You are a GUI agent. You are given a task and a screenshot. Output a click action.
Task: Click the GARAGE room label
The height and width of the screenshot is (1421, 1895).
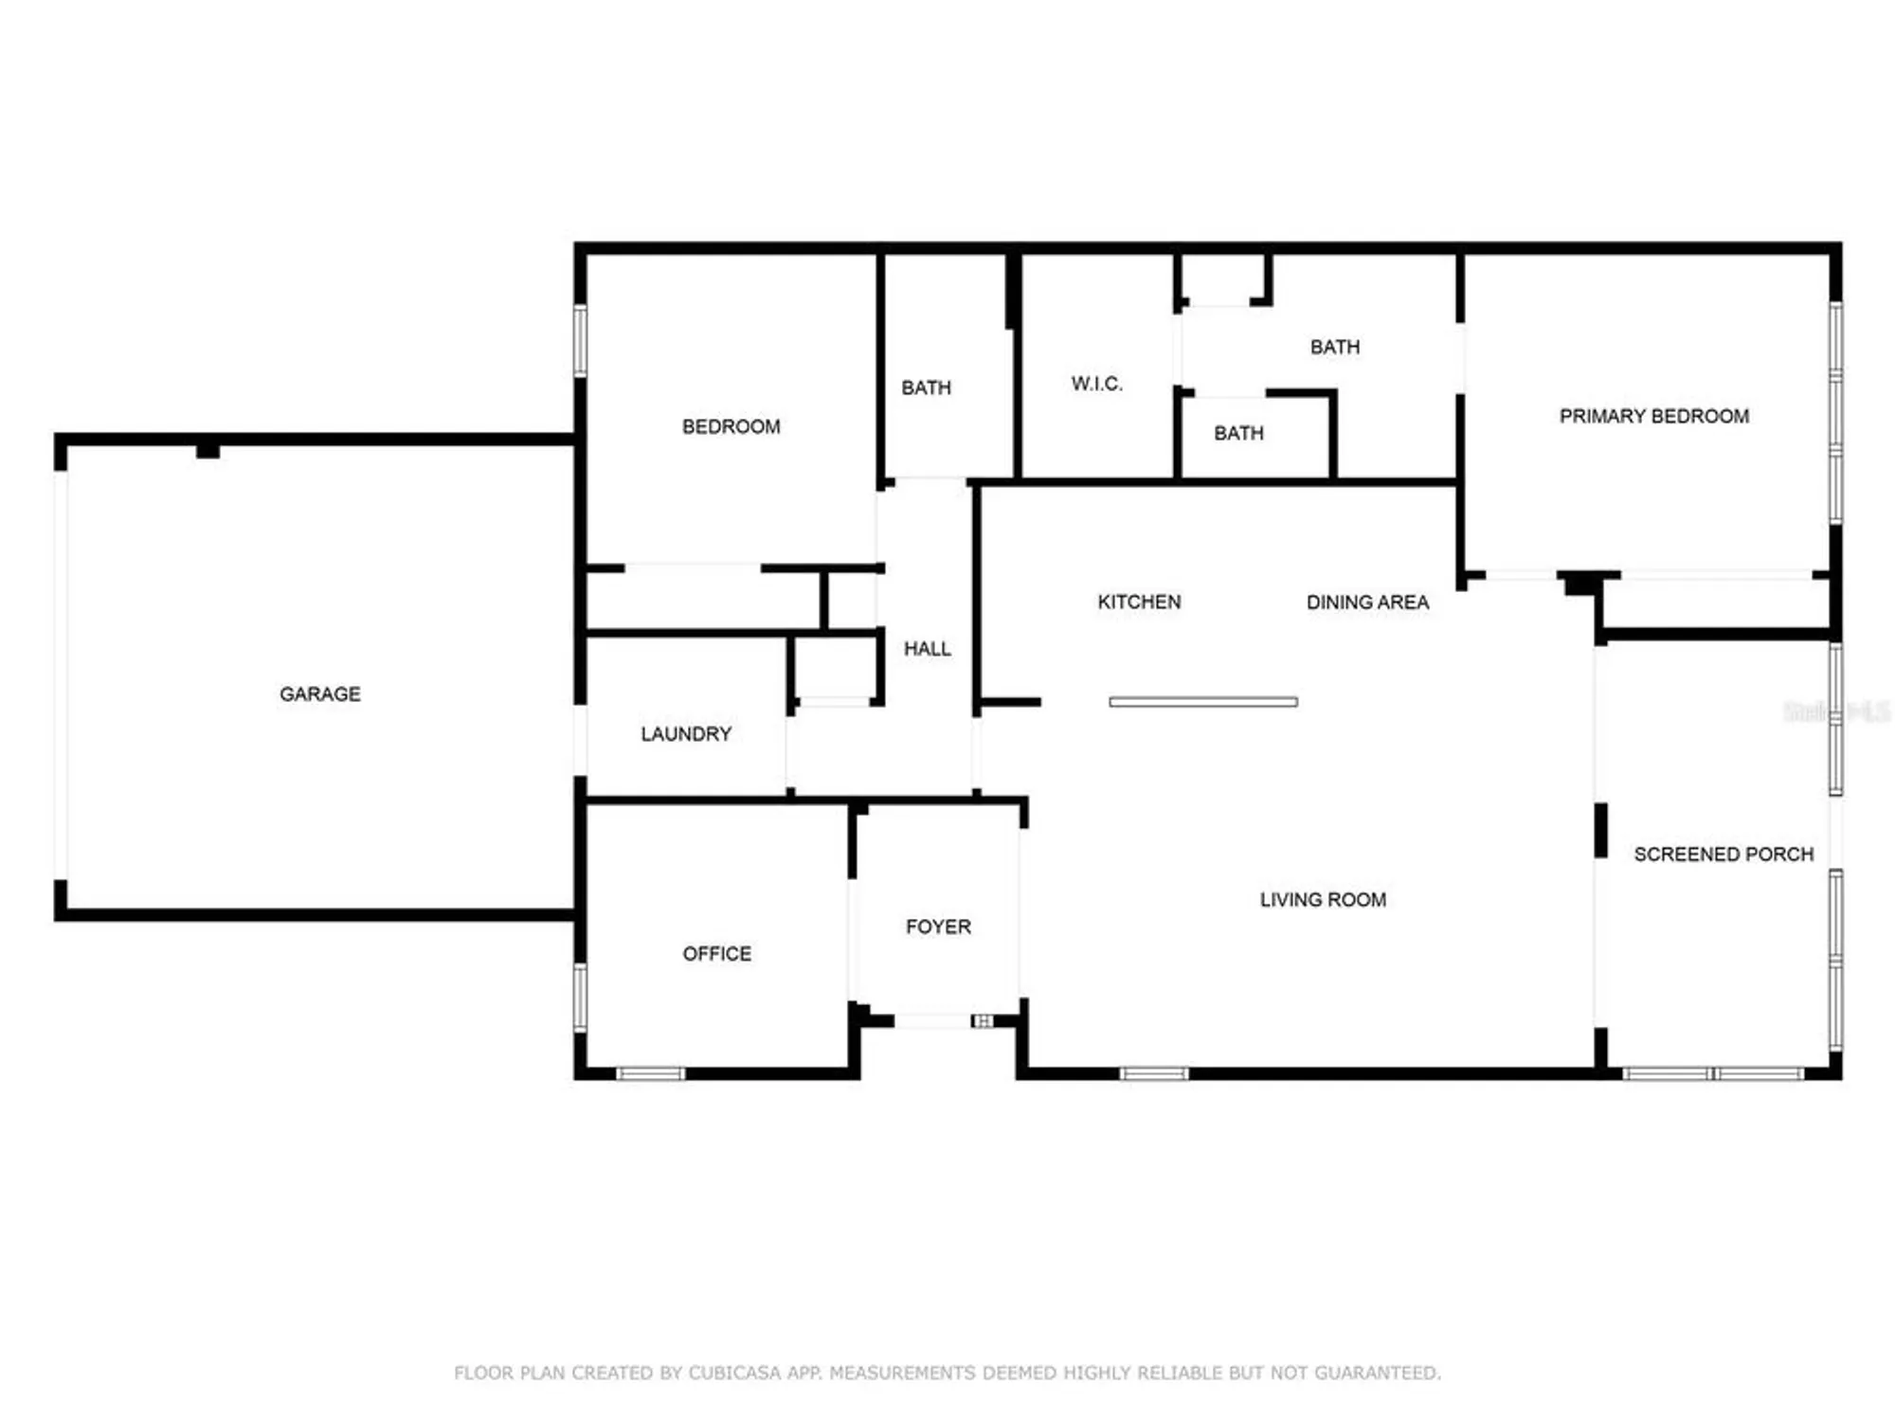click(x=319, y=693)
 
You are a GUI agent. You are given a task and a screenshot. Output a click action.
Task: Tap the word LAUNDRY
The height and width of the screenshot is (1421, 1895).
click(x=685, y=733)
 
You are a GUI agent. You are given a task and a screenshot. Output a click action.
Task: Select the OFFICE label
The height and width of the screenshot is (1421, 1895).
click(x=716, y=953)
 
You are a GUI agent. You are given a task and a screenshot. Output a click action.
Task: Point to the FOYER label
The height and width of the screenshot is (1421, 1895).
click(x=938, y=926)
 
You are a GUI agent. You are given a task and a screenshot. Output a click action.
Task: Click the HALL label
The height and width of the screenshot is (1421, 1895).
click(x=927, y=648)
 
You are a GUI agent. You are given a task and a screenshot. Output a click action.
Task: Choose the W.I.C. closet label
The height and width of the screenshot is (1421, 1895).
click(x=1096, y=384)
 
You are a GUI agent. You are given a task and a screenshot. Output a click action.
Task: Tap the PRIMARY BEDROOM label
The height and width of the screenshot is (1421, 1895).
click(x=1653, y=416)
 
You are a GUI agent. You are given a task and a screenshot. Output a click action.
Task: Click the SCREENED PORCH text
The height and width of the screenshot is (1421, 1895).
click(x=1723, y=854)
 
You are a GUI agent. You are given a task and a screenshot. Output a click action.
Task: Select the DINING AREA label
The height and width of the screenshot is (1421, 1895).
click(x=1366, y=602)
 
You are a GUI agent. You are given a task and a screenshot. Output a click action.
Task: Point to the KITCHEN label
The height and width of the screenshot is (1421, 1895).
click(x=1138, y=602)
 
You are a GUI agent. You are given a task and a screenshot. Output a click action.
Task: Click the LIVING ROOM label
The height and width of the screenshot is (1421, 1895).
click(x=1322, y=899)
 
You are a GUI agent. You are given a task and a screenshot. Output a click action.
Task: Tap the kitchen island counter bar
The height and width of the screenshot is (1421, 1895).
click(x=1202, y=702)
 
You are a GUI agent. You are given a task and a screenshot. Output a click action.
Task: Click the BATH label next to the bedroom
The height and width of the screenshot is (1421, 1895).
click(x=926, y=387)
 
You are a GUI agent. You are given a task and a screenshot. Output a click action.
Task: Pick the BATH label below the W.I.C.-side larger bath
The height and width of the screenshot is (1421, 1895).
click(x=1238, y=433)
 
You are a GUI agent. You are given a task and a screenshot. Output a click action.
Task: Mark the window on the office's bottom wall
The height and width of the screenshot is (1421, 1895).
click(x=650, y=1073)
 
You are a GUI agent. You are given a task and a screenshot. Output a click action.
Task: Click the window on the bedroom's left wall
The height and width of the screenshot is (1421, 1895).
click(x=580, y=340)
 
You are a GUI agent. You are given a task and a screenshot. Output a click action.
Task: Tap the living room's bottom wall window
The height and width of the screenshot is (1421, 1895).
click(x=1153, y=1073)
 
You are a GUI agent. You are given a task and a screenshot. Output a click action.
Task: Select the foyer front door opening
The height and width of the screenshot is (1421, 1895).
click(x=932, y=1020)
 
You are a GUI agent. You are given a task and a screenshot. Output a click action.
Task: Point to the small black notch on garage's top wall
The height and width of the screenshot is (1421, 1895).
click(x=208, y=451)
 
